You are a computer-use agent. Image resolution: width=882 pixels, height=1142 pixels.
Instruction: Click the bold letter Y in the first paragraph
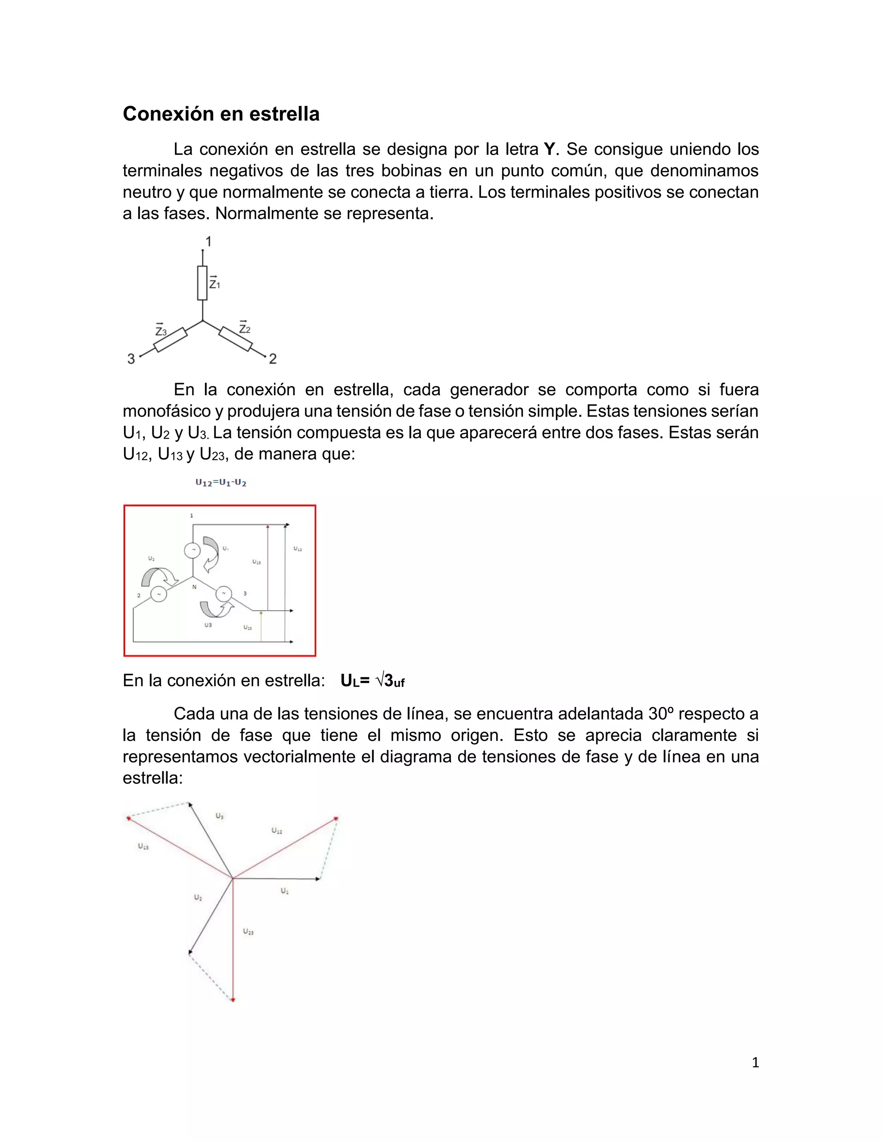(x=549, y=150)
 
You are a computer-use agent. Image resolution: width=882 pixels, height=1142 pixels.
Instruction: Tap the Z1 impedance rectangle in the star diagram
(x=202, y=283)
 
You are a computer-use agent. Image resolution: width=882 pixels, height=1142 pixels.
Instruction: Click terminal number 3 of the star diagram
(x=131, y=359)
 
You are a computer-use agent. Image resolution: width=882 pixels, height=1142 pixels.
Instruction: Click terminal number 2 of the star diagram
(x=273, y=359)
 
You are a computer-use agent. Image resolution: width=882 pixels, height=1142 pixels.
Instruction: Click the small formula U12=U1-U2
(x=220, y=483)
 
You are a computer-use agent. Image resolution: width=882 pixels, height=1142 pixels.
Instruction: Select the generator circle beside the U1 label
(x=192, y=550)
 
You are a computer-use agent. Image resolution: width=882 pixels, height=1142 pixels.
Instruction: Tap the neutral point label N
(x=194, y=587)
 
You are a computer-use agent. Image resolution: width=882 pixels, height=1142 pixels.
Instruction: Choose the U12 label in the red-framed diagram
(x=297, y=549)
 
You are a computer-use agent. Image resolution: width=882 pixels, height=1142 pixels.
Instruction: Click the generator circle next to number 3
(x=224, y=593)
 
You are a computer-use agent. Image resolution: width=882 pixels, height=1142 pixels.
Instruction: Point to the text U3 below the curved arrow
(x=208, y=625)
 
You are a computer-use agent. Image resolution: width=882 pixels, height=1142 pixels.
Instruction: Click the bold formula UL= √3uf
(x=372, y=681)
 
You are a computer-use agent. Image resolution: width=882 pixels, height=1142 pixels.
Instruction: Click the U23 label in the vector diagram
(x=248, y=931)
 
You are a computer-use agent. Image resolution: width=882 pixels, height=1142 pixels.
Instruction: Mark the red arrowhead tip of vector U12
(x=336, y=818)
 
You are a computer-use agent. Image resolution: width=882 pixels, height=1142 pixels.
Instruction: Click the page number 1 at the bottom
(x=755, y=1063)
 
